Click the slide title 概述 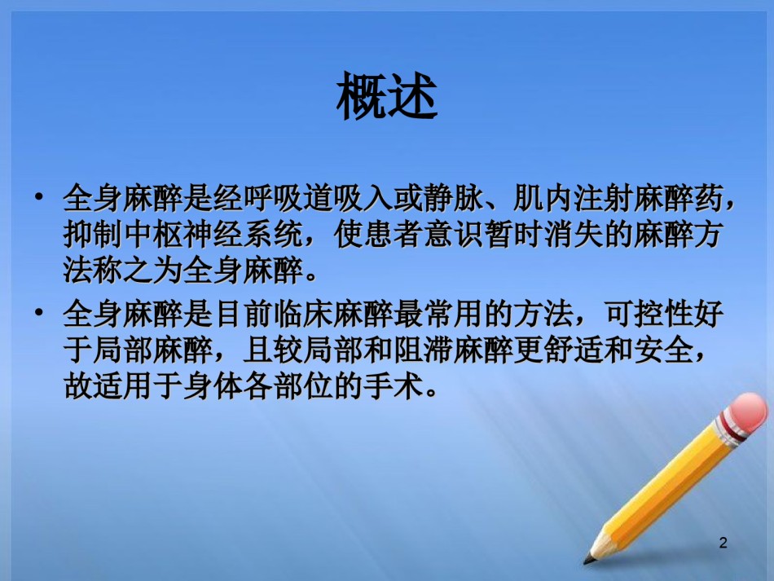(387, 96)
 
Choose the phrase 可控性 (649, 314)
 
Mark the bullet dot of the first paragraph (39, 197)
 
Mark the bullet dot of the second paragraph (39, 312)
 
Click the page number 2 (723, 543)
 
